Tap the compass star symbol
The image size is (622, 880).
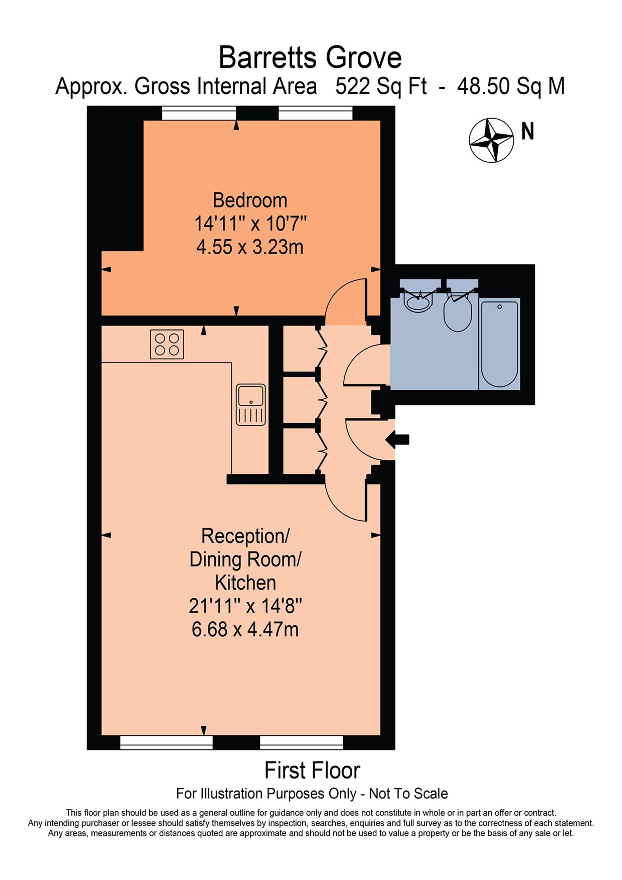(491, 140)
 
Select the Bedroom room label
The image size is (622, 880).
(250, 200)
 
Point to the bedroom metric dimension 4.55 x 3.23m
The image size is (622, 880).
(250, 247)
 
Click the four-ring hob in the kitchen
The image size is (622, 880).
(167, 344)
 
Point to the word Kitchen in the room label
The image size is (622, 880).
(245, 583)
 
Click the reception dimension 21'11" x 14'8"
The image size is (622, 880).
(245, 606)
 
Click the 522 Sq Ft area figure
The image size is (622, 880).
(381, 86)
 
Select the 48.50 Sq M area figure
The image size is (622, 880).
(511, 86)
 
